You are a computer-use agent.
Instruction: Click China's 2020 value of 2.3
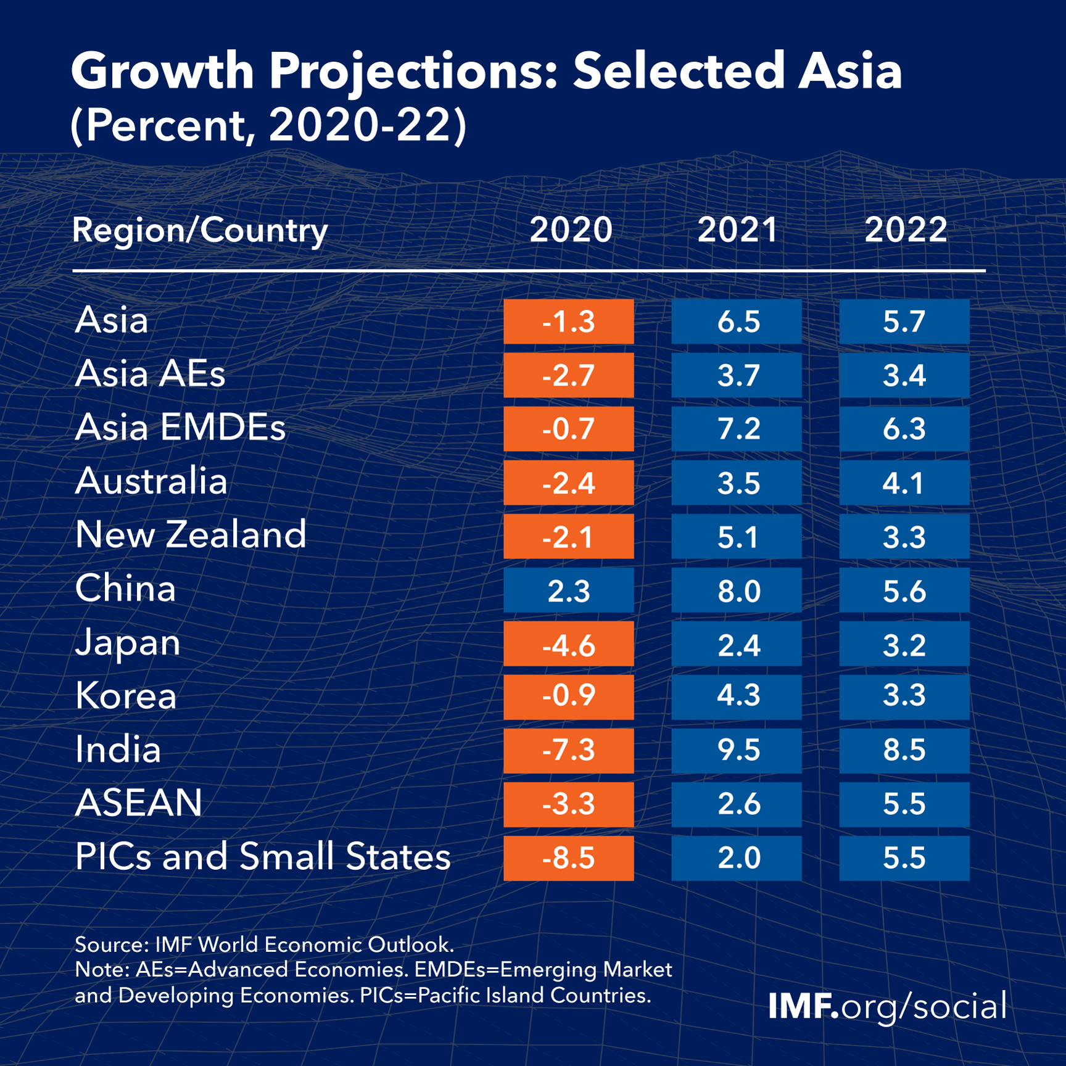[x=568, y=590]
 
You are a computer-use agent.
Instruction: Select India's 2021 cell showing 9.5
[x=737, y=751]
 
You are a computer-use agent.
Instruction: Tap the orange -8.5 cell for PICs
[x=568, y=858]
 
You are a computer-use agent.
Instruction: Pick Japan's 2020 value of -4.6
[x=568, y=644]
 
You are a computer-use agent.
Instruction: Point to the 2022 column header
[x=905, y=230]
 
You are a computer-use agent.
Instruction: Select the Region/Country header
[x=199, y=231]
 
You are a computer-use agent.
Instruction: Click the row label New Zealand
[x=191, y=535]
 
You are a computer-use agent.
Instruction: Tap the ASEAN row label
[x=139, y=803]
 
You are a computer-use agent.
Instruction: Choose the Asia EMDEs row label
[x=180, y=428]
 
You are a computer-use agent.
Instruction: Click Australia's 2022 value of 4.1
[x=904, y=483]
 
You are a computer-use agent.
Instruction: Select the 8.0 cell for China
[x=737, y=590]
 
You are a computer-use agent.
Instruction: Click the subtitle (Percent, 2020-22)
[x=268, y=126]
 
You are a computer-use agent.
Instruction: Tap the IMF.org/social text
[x=887, y=1006]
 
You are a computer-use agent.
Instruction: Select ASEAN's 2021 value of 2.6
[x=737, y=804]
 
